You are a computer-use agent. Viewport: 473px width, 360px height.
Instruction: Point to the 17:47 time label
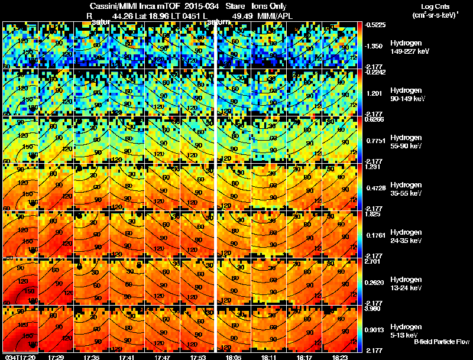pos(163,357)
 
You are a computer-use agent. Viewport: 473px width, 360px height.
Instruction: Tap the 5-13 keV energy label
pos(405,335)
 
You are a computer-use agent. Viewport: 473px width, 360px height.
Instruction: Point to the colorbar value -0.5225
pos(376,25)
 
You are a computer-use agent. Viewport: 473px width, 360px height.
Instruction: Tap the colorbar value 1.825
pos(375,214)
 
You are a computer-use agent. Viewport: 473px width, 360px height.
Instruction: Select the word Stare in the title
pos(235,7)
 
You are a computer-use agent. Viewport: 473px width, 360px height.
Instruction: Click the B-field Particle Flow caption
pos(442,342)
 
